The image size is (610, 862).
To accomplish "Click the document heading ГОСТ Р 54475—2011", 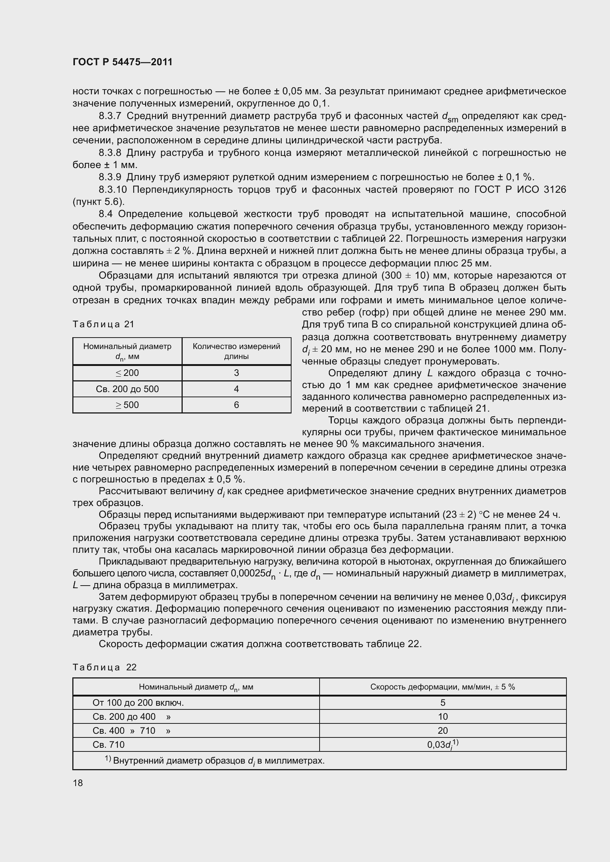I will pyautogui.click(x=123, y=62).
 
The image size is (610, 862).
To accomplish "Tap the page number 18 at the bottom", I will pyautogui.click(x=78, y=783).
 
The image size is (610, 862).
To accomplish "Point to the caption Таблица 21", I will pyautogui.click(x=103, y=324).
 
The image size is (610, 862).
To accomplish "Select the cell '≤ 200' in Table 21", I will pyautogui.click(x=127, y=373).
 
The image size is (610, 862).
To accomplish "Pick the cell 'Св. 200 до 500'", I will pyautogui.click(x=127, y=389).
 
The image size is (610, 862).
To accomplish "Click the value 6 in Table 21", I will pyautogui.click(x=237, y=405).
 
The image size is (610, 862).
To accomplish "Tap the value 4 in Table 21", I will pyautogui.click(x=237, y=389).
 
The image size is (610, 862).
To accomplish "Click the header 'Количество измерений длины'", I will pyautogui.click(x=237, y=351).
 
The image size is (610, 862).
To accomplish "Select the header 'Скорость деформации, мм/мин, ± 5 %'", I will pyautogui.click(x=442, y=687).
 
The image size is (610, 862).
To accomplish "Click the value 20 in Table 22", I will pyautogui.click(x=443, y=730).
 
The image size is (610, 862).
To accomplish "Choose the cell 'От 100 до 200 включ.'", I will pyautogui.click(x=138, y=702).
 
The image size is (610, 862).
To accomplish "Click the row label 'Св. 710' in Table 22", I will pyautogui.click(x=108, y=744).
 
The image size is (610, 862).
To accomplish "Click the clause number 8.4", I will pyautogui.click(x=107, y=214).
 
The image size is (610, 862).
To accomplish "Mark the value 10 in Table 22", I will pyautogui.click(x=443, y=716).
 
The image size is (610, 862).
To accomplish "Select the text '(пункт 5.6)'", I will pyautogui.click(x=99, y=202).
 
